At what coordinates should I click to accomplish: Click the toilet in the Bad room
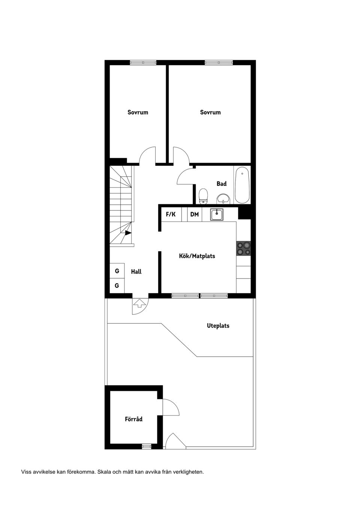[203, 196]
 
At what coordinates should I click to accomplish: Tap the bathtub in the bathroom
[242, 186]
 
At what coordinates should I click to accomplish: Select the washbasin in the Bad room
[223, 198]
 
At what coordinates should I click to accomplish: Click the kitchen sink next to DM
[217, 215]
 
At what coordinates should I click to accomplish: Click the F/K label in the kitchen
[171, 214]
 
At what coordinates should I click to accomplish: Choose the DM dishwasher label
[194, 214]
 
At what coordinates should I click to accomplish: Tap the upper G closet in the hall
[117, 271]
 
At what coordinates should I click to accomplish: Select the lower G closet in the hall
[117, 286]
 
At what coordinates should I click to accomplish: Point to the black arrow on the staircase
[128, 233]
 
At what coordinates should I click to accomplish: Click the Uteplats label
[218, 326]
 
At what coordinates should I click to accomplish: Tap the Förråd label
[133, 419]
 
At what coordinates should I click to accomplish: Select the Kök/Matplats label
[197, 256]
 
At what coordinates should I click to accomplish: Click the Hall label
[136, 272]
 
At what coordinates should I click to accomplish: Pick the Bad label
[222, 184]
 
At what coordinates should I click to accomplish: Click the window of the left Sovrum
[143, 62]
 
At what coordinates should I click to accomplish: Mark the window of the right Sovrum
[219, 62]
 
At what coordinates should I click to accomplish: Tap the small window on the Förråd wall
[146, 446]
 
